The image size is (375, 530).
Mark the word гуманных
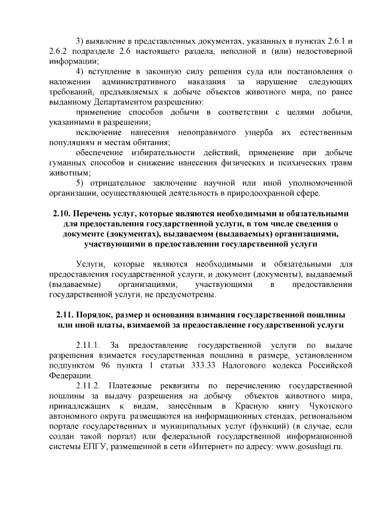[x=67, y=163]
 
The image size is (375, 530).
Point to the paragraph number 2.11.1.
[x=89, y=344]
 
